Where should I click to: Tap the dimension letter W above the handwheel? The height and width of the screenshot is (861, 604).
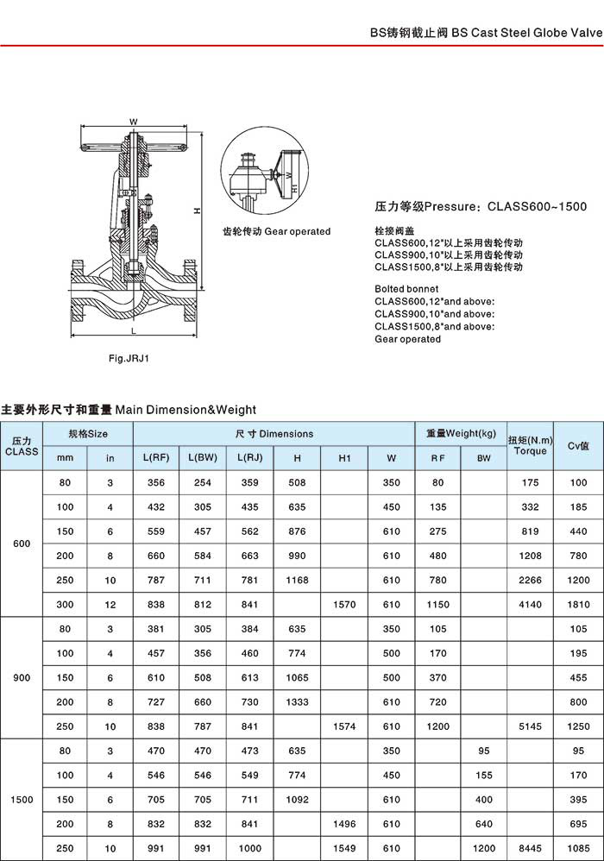click(133, 121)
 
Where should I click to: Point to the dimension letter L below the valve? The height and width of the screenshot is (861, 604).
click(133, 330)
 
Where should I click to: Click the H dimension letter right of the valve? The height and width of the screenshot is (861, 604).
click(197, 211)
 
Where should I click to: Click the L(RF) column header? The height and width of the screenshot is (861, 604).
click(155, 458)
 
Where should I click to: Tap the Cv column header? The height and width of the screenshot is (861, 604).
click(577, 446)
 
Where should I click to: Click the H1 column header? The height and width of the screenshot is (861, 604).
click(343, 458)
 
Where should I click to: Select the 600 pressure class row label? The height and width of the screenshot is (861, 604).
click(22, 544)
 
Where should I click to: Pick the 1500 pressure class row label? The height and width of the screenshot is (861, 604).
click(22, 800)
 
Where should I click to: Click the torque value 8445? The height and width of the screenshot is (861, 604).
click(530, 849)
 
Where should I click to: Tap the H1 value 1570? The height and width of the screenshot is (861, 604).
click(343, 605)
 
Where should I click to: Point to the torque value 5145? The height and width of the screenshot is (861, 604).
click(530, 726)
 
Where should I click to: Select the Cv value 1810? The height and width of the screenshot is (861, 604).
click(577, 605)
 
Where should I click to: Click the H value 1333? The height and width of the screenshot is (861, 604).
click(297, 702)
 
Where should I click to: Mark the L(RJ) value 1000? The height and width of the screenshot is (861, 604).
click(249, 849)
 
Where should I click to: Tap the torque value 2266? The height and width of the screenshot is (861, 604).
click(530, 581)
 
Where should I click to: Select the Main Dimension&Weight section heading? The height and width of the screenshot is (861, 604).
click(129, 410)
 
